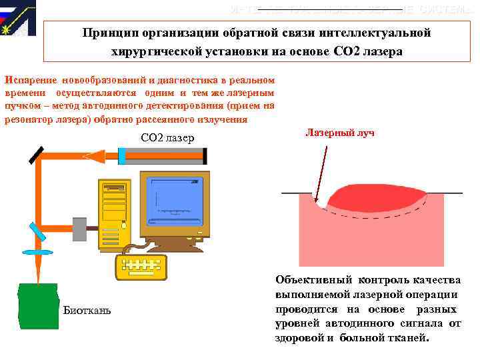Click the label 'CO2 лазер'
[167, 138]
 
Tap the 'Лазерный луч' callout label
[340, 133]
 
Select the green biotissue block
[37, 306]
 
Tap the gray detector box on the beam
[79, 229]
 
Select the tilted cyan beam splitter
[37, 231]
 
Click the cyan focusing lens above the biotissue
[37, 253]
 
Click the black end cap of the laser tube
[205, 155]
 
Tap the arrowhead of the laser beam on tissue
[315, 199]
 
